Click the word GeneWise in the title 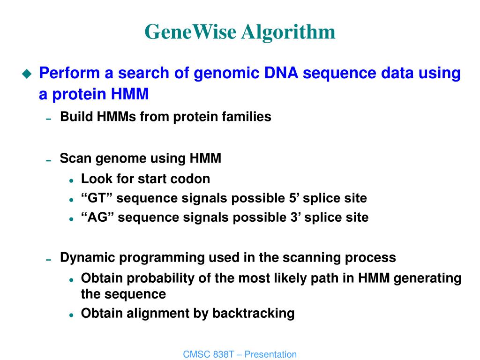[x=190, y=31]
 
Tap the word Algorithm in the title [x=288, y=32]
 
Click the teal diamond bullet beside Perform [x=27, y=74]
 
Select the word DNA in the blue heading [x=281, y=73]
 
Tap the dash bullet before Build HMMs [x=48, y=119]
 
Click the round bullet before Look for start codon [x=71, y=181]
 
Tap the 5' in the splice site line [x=294, y=198]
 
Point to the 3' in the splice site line [x=296, y=217]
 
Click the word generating [x=427, y=278]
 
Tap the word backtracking [x=254, y=313]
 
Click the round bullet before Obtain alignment [x=71, y=315]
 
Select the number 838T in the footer [x=223, y=354]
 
